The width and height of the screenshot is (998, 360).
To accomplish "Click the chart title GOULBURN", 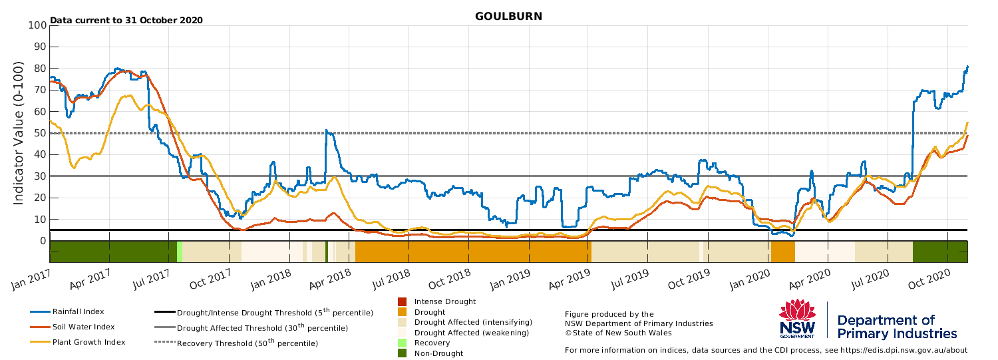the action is click(508, 17).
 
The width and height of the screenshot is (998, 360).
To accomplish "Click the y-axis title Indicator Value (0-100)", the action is click(18, 133).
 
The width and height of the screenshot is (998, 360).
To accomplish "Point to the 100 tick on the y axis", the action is click(37, 25).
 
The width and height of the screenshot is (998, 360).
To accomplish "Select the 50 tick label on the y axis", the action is click(41, 133).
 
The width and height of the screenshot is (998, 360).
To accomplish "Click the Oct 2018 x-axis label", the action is click(449, 279).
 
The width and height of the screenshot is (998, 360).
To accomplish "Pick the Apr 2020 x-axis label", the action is click(810, 279).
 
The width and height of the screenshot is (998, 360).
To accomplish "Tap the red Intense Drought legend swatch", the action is click(403, 301).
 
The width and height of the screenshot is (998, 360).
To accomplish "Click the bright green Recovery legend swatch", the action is click(403, 343).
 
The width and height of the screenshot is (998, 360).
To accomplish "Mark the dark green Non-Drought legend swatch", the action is click(403, 353).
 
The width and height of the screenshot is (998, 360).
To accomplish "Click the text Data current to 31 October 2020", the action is click(126, 20).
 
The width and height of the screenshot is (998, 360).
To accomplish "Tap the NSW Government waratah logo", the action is click(798, 319).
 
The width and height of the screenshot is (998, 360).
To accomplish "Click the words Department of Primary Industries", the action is click(897, 327).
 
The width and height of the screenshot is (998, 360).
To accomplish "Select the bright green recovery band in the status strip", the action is click(180, 252).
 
